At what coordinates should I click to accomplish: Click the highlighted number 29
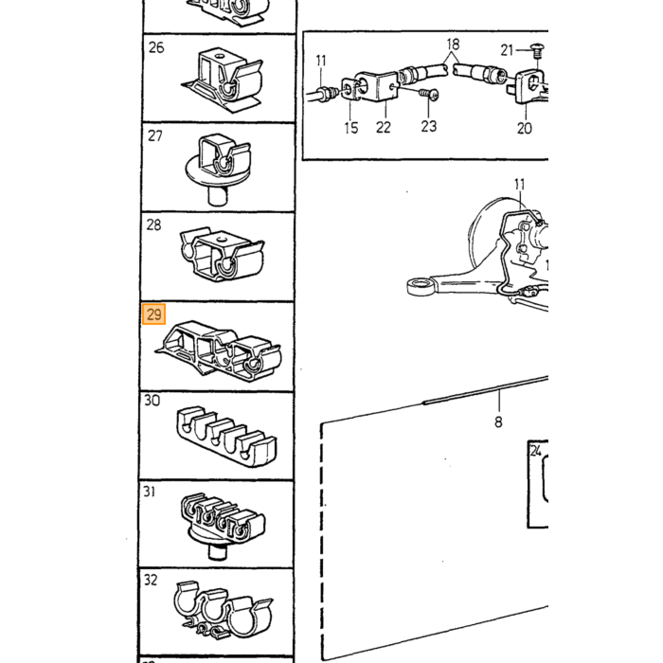click(x=153, y=314)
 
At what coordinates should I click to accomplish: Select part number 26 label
click(x=156, y=47)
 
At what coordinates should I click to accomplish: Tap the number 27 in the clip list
click(x=154, y=135)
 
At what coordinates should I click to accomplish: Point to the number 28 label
click(x=153, y=224)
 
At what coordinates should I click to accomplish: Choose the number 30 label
click(x=152, y=400)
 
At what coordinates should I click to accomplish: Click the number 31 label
click(x=150, y=492)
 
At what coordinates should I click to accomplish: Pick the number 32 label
click(x=151, y=580)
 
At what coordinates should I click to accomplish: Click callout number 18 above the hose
click(x=453, y=44)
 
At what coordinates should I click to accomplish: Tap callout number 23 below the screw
click(x=428, y=126)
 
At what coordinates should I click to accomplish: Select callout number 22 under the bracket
click(x=383, y=127)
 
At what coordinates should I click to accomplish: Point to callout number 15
click(x=351, y=128)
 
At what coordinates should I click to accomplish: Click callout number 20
click(x=525, y=128)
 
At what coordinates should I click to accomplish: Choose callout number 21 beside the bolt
click(x=507, y=50)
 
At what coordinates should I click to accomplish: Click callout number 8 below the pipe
click(x=498, y=421)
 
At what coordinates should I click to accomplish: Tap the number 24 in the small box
click(x=536, y=451)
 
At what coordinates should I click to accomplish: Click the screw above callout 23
click(x=429, y=94)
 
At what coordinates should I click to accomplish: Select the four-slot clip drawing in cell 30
click(x=226, y=437)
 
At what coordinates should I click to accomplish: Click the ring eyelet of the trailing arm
click(x=421, y=286)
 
